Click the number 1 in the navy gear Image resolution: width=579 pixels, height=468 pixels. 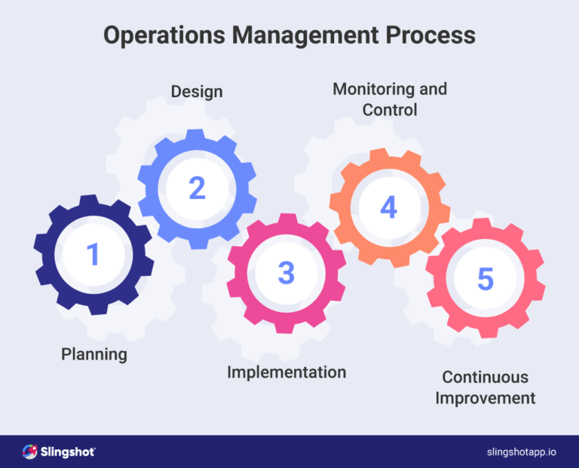click(93, 255)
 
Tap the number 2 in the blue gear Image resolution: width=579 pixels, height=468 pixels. click(197, 188)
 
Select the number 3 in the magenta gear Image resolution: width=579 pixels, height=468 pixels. click(286, 273)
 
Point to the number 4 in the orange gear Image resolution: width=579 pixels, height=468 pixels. click(388, 207)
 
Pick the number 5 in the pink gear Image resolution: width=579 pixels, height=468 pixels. click(486, 279)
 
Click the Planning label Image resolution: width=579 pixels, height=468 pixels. click(94, 353)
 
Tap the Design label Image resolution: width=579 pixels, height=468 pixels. click(197, 92)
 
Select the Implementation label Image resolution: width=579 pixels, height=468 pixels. click(286, 372)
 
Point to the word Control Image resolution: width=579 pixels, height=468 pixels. click(390, 110)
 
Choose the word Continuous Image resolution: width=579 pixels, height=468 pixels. click(486, 377)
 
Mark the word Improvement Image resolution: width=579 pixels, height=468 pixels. click(486, 398)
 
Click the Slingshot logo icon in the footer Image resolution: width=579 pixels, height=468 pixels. click(30, 451)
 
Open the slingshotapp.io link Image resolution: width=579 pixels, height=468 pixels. click(522, 451)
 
